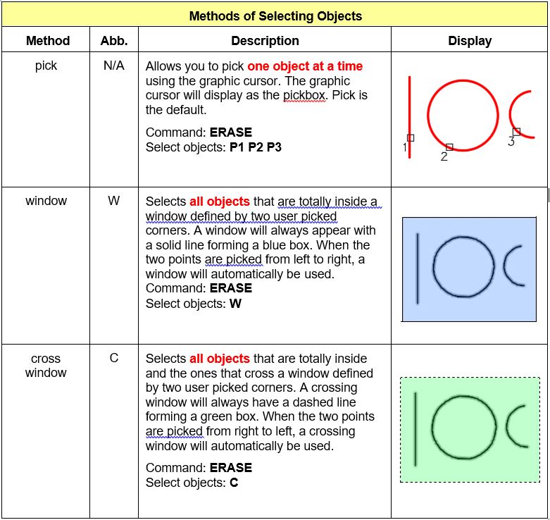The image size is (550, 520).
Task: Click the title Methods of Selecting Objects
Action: pyautogui.click(x=275, y=16)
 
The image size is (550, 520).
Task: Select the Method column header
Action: pyautogui.click(x=47, y=41)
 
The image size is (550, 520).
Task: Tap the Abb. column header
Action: pyautogui.click(x=114, y=41)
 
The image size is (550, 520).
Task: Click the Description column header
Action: pyautogui.click(x=265, y=41)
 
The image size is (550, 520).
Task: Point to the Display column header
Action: pyautogui.click(x=470, y=41)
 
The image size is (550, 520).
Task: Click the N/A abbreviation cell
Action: pyautogui.click(x=114, y=66)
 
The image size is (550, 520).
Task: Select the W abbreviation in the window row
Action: pyautogui.click(x=114, y=202)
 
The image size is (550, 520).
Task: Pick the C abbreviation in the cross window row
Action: pyautogui.click(x=114, y=358)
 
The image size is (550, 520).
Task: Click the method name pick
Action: pyautogui.click(x=46, y=66)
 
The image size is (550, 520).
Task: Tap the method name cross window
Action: pyautogui.click(x=46, y=365)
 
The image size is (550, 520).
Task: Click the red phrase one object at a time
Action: pyautogui.click(x=305, y=67)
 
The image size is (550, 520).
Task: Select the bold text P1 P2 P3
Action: pyautogui.click(x=256, y=147)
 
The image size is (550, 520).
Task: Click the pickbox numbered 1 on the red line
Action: pyautogui.click(x=411, y=138)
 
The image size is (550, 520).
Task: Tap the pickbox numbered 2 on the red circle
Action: pyautogui.click(x=449, y=147)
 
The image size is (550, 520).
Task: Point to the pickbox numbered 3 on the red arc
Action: pyautogui.click(x=516, y=132)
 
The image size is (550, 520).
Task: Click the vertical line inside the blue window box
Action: pyautogui.click(x=418, y=268)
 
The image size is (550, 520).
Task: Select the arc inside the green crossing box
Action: pyautogui.click(x=514, y=426)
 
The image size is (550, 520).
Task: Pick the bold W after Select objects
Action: pyautogui.click(x=235, y=304)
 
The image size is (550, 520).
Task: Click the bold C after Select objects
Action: pyautogui.click(x=234, y=483)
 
